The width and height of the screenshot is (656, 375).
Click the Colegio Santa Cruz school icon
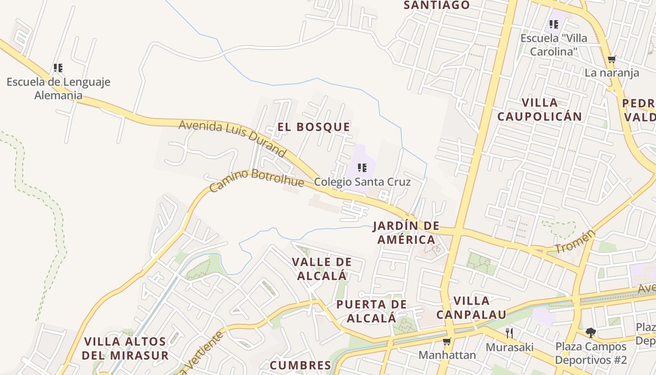point(362,167)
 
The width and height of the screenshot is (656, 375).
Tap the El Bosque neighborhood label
point(313,127)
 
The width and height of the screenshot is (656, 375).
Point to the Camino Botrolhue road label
point(256,180)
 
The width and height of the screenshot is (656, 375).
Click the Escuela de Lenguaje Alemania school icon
point(58,68)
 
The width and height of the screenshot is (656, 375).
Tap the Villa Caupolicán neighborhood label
point(539,110)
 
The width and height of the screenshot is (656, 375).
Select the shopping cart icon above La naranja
point(611,60)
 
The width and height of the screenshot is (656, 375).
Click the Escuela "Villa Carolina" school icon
point(554,24)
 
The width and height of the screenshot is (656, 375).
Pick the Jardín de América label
point(406,233)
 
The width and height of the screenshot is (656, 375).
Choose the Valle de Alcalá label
point(321,269)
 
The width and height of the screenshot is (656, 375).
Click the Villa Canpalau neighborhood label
point(471,307)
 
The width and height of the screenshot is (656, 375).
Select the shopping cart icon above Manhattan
point(447,341)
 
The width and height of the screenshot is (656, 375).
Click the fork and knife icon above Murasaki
point(509,333)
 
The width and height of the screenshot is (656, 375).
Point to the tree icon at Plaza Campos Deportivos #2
point(590,333)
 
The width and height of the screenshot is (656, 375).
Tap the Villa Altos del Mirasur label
point(125,348)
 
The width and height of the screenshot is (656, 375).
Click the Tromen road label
point(574,241)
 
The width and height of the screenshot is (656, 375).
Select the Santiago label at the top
point(436,5)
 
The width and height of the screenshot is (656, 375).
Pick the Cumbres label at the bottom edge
point(300,365)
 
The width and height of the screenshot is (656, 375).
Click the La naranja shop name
point(611,73)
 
